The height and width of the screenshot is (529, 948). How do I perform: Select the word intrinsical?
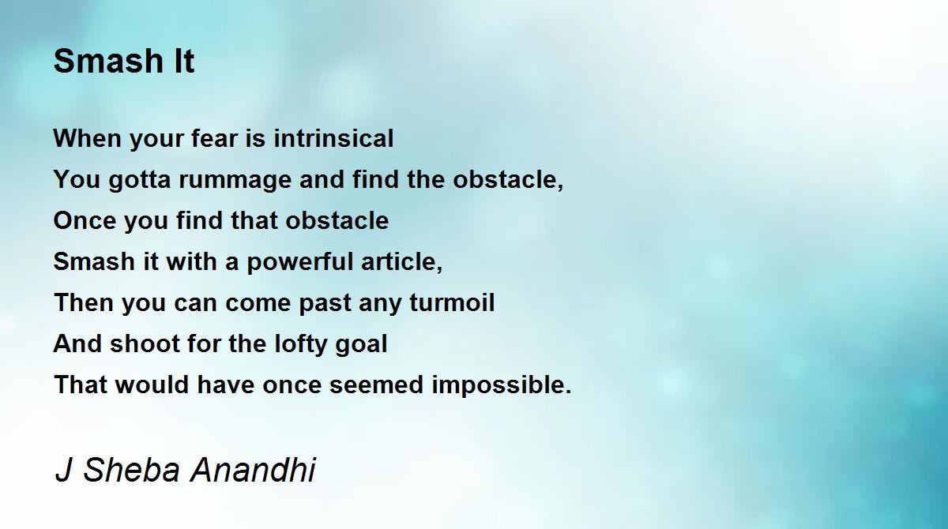pos(333,138)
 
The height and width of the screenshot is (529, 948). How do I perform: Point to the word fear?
pos(215,138)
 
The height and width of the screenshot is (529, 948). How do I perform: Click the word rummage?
pos(235,180)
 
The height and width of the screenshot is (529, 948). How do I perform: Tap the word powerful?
pos(300,262)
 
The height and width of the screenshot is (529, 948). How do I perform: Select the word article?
pos(401,261)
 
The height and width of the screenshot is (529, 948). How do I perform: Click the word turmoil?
pos(452,302)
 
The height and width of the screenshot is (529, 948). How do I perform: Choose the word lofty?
pos(301,343)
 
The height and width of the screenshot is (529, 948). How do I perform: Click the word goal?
pos(361,343)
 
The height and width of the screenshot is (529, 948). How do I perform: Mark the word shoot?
pos(145,343)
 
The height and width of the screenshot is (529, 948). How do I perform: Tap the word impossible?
pos(502,385)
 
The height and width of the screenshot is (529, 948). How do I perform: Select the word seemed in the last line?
pos(377,385)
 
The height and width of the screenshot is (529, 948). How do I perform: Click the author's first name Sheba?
pos(132,470)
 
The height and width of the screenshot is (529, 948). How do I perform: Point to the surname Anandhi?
pos(253,470)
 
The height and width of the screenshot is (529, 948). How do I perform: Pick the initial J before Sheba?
pos(64,470)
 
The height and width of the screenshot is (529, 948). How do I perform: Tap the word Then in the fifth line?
pos(84,302)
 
